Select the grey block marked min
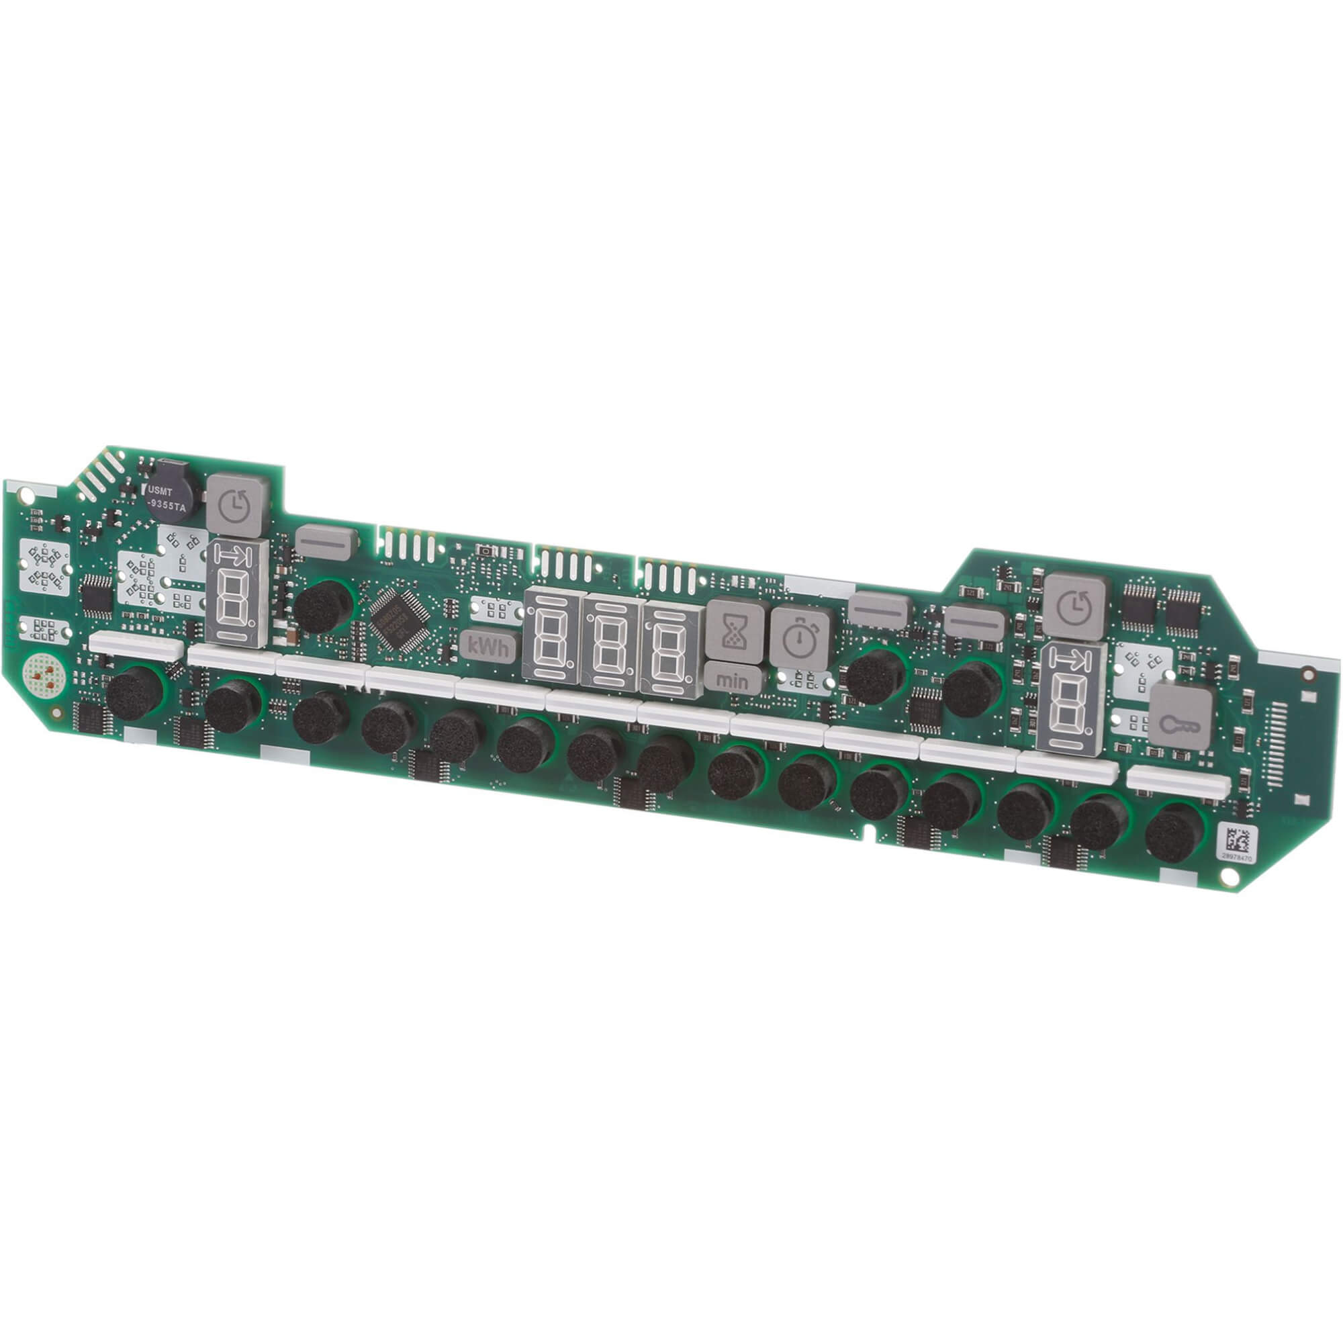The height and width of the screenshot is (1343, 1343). point(733,679)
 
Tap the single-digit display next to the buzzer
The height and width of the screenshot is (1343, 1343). point(237,594)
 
